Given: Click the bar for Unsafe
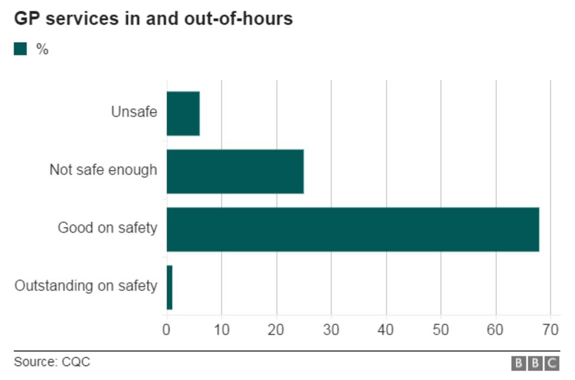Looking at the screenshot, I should pyautogui.click(x=183, y=114).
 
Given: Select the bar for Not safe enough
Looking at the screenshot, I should pyautogui.click(x=235, y=171).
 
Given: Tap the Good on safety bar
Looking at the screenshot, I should pyautogui.click(x=352, y=229).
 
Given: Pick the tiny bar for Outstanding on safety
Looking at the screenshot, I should pyautogui.click(x=170, y=287).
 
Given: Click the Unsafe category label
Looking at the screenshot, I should pyautogui.click(x=134, y=111).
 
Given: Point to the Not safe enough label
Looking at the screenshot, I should pyautogui.click(x=103, y=170).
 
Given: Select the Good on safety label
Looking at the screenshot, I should pyautogui.click(x=107, y=227).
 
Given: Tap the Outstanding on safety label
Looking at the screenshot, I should pyautogui.click(x=86, y=286).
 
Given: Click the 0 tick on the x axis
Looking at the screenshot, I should pyautogui.click(x=167, y=329).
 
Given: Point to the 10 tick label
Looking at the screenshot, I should pyautogui.click(x=222, y=329).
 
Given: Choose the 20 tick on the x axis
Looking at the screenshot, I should pyautogui.click(x=276, y=329).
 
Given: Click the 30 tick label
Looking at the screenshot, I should pyautogui.click(x=331, y=329).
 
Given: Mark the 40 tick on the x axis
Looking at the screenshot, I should pyautogui.click(x=386, y=329).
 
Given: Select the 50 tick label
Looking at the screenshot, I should pyautogui.click(x=441, y=329).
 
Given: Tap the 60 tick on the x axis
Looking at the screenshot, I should pyautogui.click(x=496, y=329).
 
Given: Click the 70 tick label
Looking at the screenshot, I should pyautogui.click(x=551, y=329).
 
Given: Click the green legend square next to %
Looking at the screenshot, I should pyautogui.click(x=21, y=49).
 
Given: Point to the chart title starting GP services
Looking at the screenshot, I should pyautogui.click(x=153, y=19).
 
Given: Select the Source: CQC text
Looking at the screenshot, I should pyautogui.click(x=52, y=362).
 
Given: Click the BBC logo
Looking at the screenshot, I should pyautogui.click(x=535, y=364).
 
